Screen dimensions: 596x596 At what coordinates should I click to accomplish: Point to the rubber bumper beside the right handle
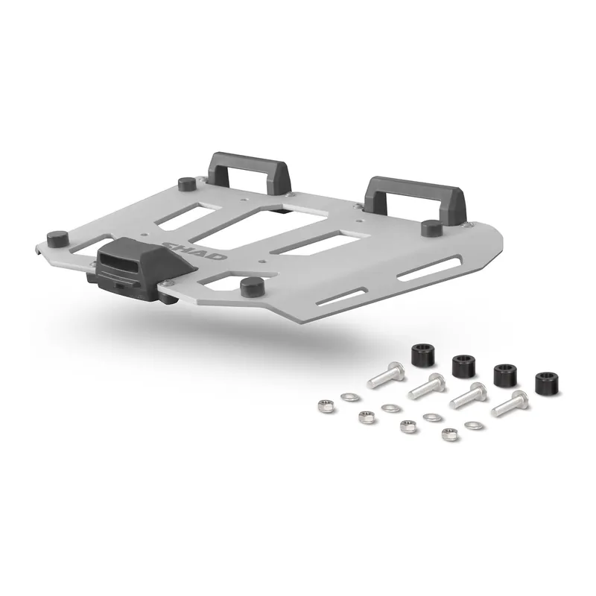tap(430, 227)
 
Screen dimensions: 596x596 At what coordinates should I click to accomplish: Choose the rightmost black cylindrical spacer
tap(547, 382)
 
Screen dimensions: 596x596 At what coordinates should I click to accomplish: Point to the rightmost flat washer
tap(472, 425)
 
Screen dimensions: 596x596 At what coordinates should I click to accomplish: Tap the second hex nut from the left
tap(365, 415)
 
